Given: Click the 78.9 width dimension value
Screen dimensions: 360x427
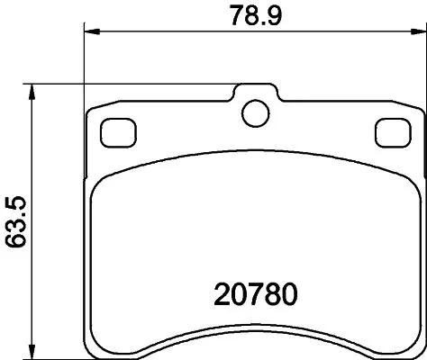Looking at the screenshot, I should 250,14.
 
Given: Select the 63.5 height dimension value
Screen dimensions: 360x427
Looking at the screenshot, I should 14,220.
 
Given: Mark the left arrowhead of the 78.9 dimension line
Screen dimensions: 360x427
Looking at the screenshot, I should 89,32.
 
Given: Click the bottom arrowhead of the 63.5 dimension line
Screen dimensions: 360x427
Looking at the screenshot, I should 33,350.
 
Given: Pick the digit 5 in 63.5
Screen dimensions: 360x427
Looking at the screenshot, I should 14,199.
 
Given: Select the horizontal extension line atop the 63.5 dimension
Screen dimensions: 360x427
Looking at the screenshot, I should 135,85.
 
